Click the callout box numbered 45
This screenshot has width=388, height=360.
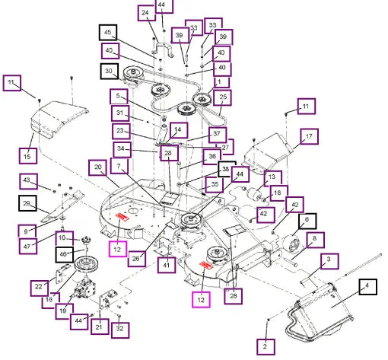[108, 32]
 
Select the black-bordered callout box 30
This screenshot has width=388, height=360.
[110, 71]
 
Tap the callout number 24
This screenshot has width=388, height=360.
[147, 13]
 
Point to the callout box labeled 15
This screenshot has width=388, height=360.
[28, 156]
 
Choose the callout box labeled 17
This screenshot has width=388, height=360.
[309, 136]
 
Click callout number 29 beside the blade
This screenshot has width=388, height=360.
[27, 203]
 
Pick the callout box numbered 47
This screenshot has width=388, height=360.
[28, 246]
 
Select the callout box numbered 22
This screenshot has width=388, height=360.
[39, 288]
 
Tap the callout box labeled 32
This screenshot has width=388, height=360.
[120, 330]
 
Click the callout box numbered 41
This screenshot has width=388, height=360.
[167, 265]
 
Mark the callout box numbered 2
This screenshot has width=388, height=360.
[266, 347]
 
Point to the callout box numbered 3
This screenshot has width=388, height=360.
[329, 261]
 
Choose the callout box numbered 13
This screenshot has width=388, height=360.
[272, 178]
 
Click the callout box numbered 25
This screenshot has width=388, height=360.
[222, 97]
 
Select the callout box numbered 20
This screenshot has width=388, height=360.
[97, 167]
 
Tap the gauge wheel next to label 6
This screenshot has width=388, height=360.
[291, 244]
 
